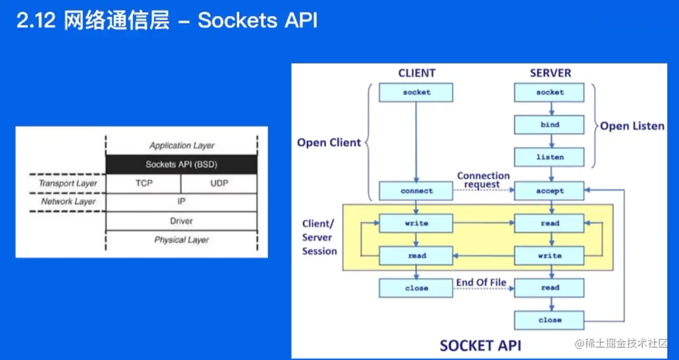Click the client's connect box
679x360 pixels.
pos(416,191)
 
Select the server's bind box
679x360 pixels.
pos(549,125)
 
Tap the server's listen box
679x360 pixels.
pos(549,157)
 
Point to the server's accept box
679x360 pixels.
pos(549,191)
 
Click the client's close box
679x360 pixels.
pos(416,288)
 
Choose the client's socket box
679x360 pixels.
pos(416,92)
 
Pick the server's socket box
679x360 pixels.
pos(549,92)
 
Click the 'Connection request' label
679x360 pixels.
pos(483,180)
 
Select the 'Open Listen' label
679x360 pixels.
pos(632,126)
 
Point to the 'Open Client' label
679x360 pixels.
pos(329,143)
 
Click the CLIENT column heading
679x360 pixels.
pos(417,73)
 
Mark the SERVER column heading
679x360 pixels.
pos(550,73)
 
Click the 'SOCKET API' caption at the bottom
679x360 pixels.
pos(480,345)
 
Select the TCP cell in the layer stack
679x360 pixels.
pos(143,183)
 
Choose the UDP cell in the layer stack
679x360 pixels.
pos(219,183)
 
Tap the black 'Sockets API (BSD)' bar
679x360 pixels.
pos(181,164)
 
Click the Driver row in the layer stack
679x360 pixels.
pos(181,221)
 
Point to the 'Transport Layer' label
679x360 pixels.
pos(68,183)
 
